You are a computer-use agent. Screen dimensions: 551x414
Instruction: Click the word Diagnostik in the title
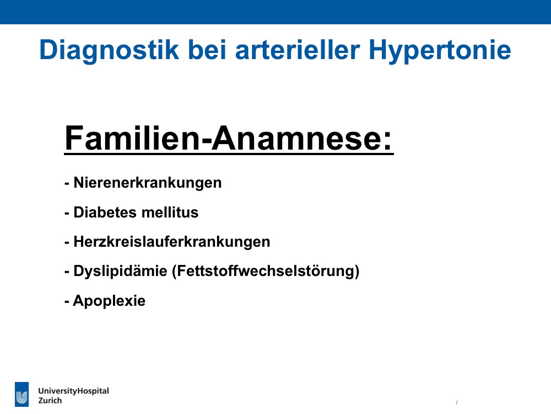109,51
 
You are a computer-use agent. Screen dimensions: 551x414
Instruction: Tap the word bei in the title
207,50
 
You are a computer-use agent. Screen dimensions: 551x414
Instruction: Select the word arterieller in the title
298,50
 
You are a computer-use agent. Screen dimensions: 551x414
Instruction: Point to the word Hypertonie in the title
440,51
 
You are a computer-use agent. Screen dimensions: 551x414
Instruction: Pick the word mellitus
170,213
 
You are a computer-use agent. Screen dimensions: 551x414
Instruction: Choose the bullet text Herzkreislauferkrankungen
172,242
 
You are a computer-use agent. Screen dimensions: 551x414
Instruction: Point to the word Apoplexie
109,301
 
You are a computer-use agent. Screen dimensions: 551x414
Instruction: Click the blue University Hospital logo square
22,394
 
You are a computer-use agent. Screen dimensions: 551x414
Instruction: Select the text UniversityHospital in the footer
73,391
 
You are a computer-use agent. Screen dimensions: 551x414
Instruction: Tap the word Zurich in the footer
50,401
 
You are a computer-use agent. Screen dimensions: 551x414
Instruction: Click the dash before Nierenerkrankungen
67,184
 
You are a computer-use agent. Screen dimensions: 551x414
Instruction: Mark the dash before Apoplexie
67,302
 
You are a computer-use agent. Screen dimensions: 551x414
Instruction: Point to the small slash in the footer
456,402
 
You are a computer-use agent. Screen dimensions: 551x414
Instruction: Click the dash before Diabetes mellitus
67,213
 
